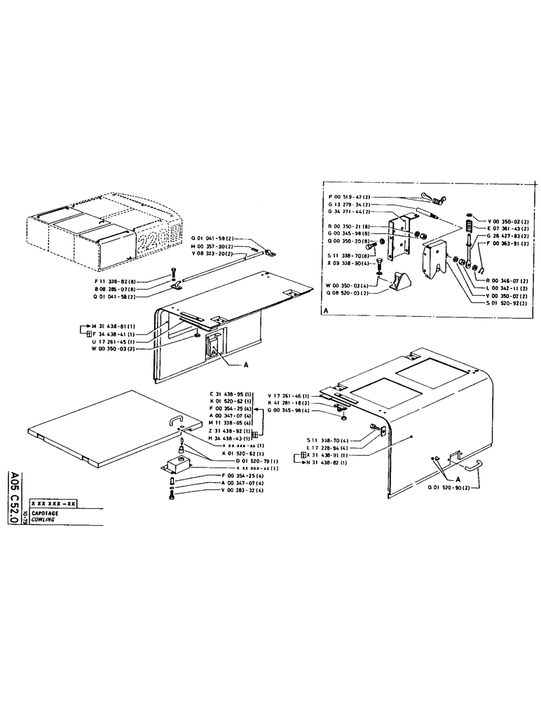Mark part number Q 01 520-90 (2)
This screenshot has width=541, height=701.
click(x=450, y=486)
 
